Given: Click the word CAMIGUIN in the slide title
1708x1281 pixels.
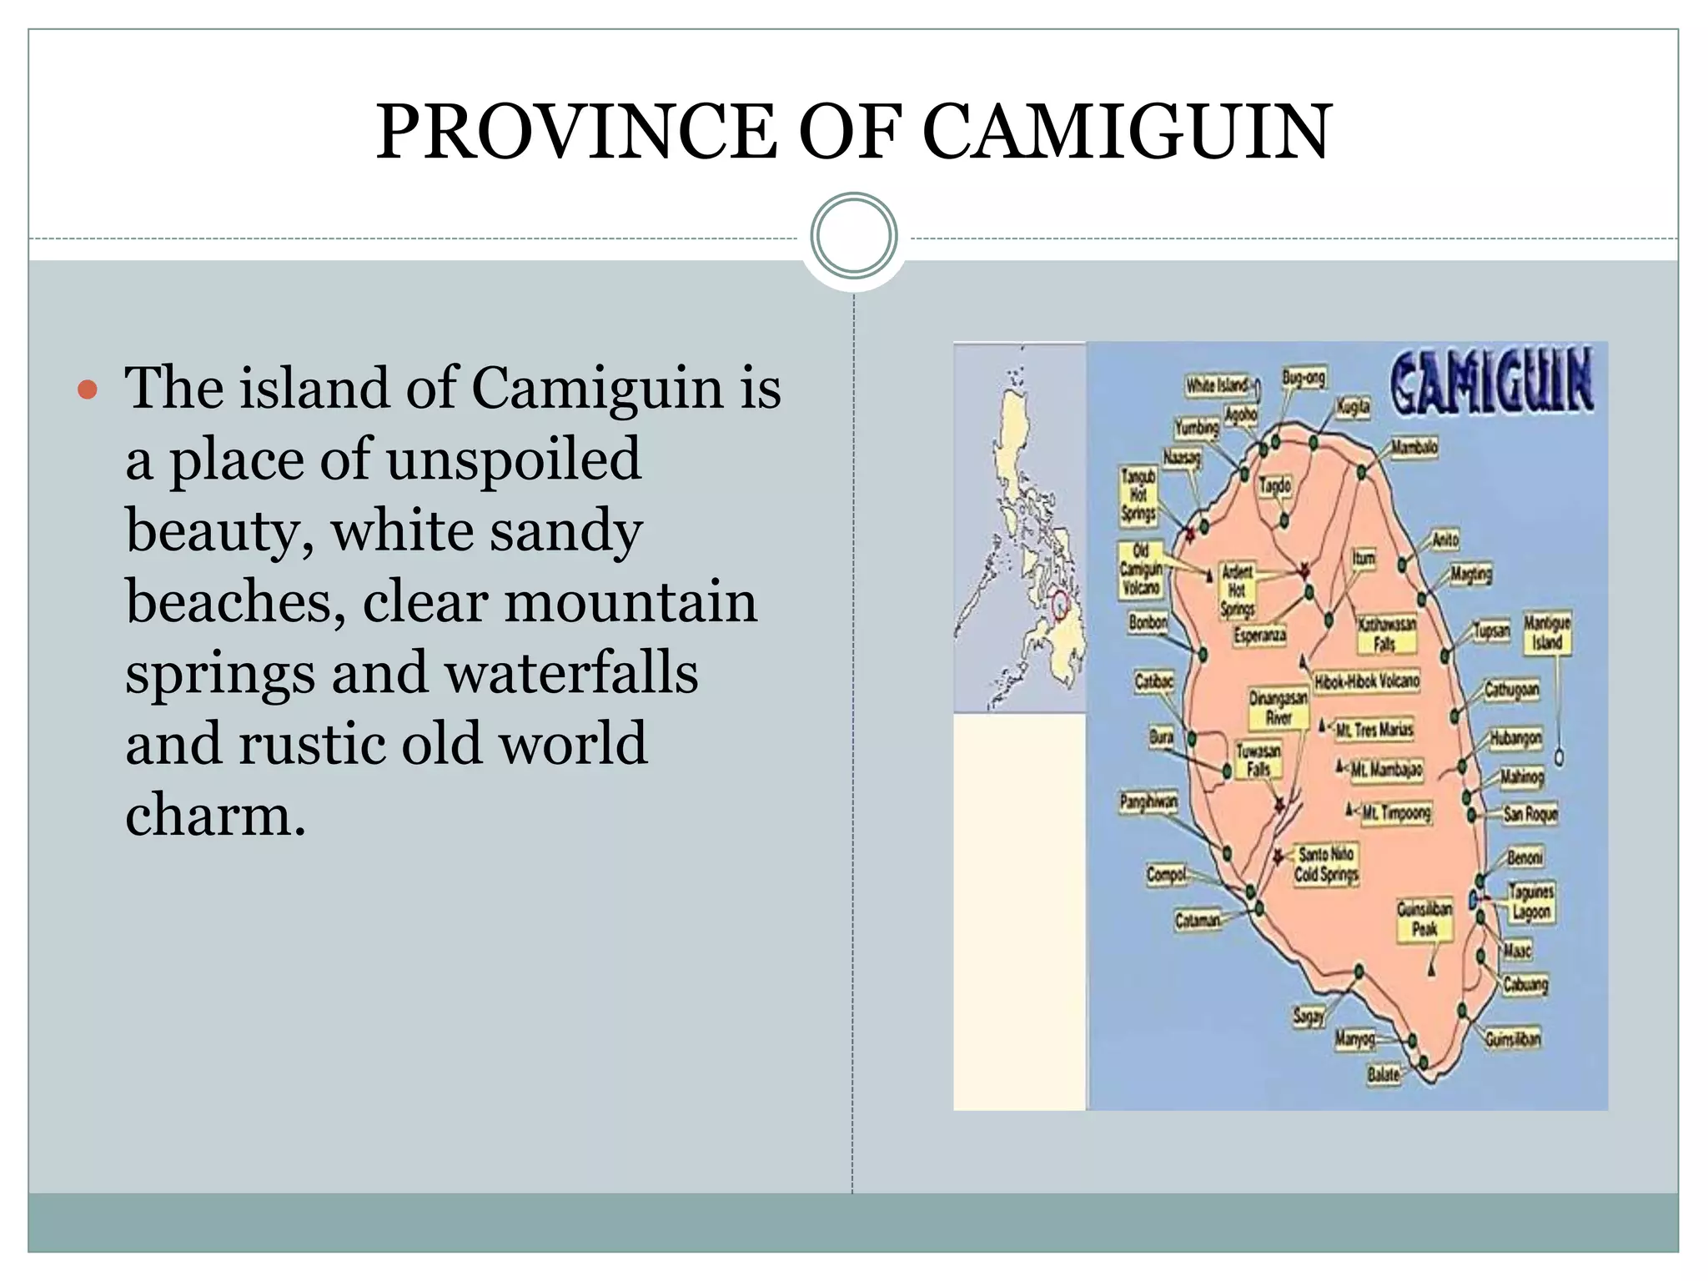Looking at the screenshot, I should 1127,133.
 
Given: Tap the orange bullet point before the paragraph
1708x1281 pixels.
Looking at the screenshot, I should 87,389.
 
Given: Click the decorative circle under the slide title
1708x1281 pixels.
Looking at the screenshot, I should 854,235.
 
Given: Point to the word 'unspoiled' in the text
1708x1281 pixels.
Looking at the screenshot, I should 513,460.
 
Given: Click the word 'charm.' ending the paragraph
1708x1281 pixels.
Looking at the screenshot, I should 215,815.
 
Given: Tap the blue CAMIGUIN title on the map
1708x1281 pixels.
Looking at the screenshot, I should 1491,382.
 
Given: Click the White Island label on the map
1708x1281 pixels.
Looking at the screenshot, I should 1217,385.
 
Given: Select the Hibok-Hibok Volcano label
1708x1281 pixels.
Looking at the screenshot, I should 1366,681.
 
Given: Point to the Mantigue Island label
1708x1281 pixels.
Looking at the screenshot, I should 1547,633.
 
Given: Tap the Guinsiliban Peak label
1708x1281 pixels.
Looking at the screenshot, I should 1424,918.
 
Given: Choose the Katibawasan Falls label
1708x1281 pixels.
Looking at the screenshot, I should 1386,634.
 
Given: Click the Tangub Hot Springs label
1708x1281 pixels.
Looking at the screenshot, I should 1138,495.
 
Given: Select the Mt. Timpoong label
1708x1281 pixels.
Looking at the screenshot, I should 1396,812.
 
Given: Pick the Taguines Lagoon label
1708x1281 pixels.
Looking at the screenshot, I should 1531,902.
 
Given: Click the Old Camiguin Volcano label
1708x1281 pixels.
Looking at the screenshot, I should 1140,570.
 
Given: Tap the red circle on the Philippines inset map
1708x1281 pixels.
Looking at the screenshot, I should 1061,604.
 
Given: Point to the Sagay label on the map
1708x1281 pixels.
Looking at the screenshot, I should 1308,1017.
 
